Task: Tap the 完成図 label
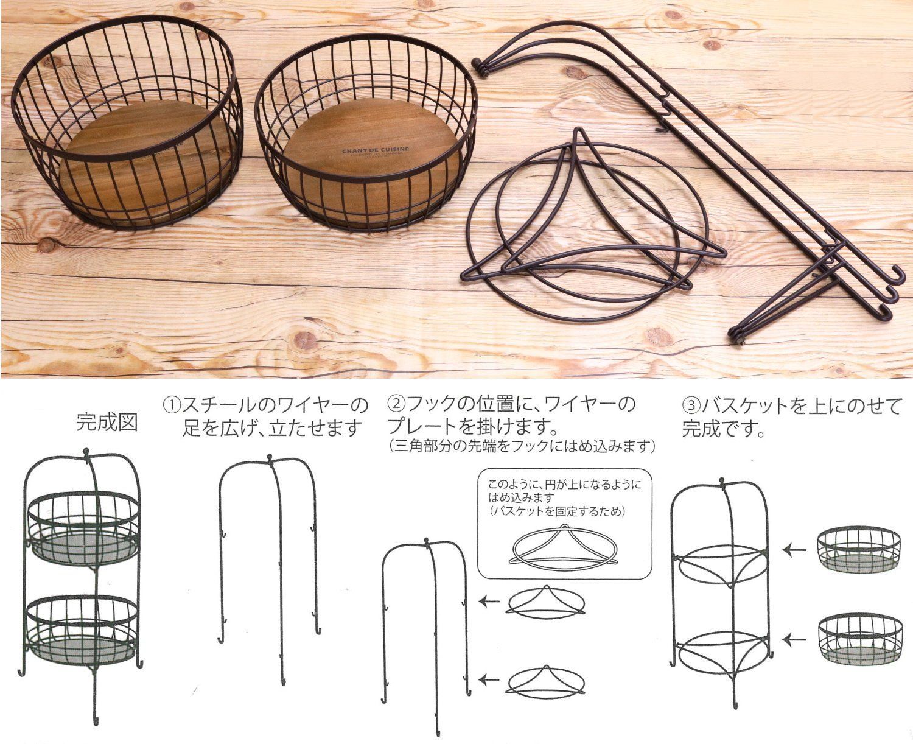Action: (x=107, y=423)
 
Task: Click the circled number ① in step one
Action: (x=170, y=404)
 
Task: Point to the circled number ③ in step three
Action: (x=691, y=404)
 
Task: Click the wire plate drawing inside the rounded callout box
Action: (x=563, y=545)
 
